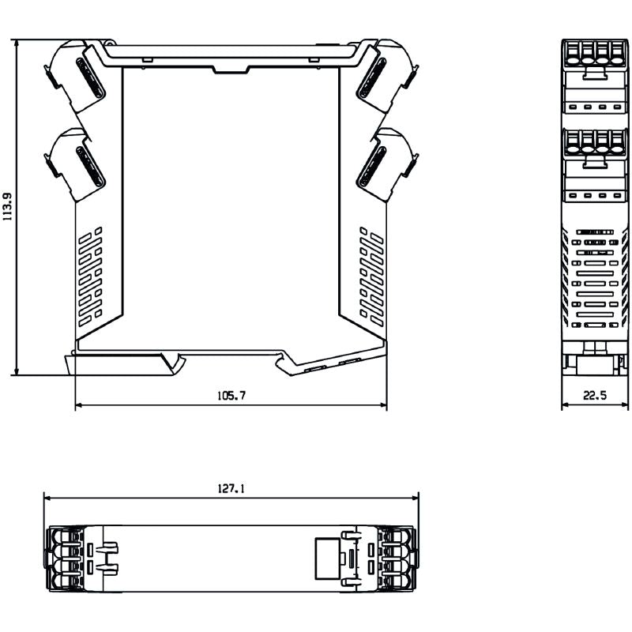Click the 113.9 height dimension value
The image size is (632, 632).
coord(8,207)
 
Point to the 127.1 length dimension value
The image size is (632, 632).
coord(231,489)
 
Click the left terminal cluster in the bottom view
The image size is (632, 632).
coord(68,557)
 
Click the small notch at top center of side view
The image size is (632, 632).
coord(231,70)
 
